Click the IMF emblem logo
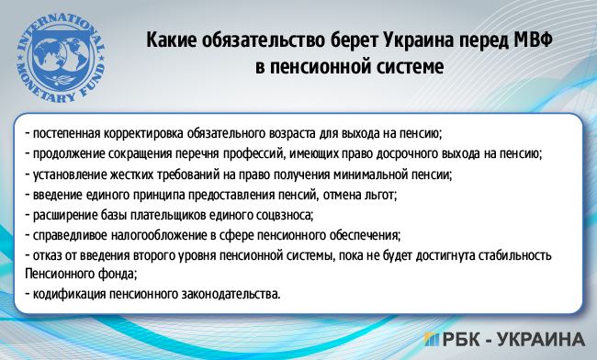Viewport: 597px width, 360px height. click(62, 53)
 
